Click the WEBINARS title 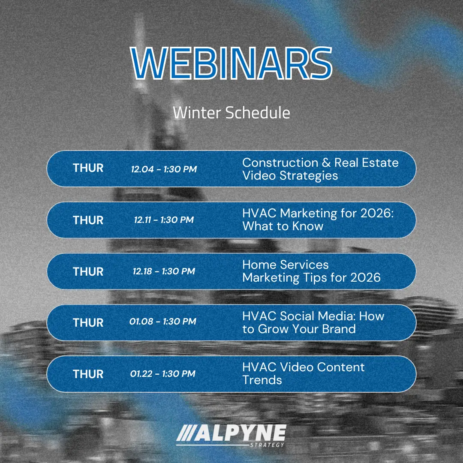[x=231, y=63]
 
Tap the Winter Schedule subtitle [x=231, y=113]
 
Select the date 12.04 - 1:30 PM [x=164, y=169]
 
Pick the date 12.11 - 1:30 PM [x=164, y=220]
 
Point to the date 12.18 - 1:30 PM [x=164, y=271]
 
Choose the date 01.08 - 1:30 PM [x=163, y=322]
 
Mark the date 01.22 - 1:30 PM [x=163, y=374]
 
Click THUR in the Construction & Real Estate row [x=88, y=168]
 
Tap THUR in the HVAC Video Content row [x=88, y=374]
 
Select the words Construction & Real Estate [x=320, y=163]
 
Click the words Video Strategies [x=290, y=176]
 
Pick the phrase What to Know [x=283, y=226]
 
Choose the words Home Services [x=285, y=265]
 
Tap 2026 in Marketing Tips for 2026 [x=366, y=278]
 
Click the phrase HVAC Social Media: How [x=313, y=316]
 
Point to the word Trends [x=262, y=380]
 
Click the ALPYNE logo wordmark [x=231, y=433]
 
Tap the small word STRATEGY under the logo [x=267, y=445]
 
